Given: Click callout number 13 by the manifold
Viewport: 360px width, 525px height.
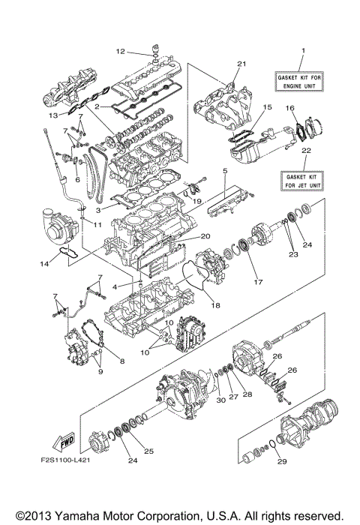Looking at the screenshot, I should point(52,116).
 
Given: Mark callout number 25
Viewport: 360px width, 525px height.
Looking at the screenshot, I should point(148,451).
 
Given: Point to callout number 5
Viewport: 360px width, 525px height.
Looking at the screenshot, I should point(224,172).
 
